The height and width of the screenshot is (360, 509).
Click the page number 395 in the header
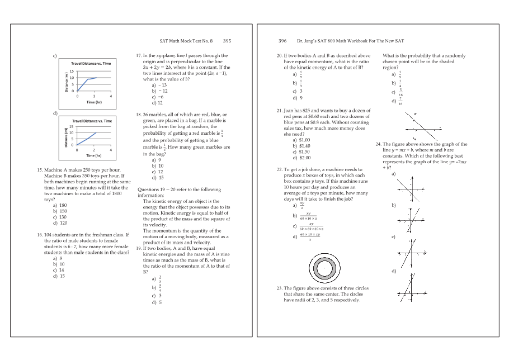tap(227, 41)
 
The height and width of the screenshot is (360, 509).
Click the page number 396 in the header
tap(282, 41)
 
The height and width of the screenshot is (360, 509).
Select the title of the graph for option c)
tap(91, 63)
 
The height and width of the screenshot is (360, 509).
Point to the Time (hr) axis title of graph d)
tap(94, 157)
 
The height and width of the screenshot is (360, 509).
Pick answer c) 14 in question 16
tap(58, 270)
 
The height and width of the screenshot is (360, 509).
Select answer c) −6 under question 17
tap(157, 97)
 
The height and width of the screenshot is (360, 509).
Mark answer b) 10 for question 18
tap(157, 166)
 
